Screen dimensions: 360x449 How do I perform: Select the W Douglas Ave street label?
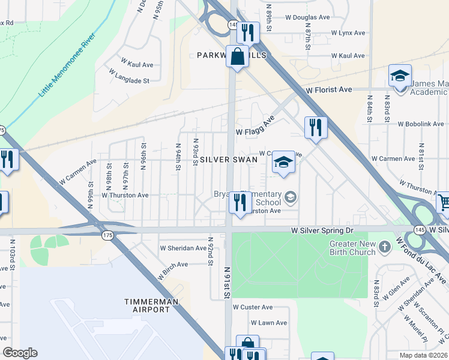307,17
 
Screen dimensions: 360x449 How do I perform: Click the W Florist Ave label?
328,89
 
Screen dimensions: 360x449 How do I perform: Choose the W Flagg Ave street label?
255,131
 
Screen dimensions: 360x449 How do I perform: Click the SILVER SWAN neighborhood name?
229,160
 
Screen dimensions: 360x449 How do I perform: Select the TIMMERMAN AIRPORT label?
148,305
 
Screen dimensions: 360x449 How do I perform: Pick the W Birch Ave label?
173,264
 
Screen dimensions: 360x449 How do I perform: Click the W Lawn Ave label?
268,323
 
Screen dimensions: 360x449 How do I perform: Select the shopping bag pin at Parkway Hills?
238,57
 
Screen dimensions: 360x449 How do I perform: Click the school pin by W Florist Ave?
400,76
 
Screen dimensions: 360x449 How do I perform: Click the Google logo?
20,352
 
